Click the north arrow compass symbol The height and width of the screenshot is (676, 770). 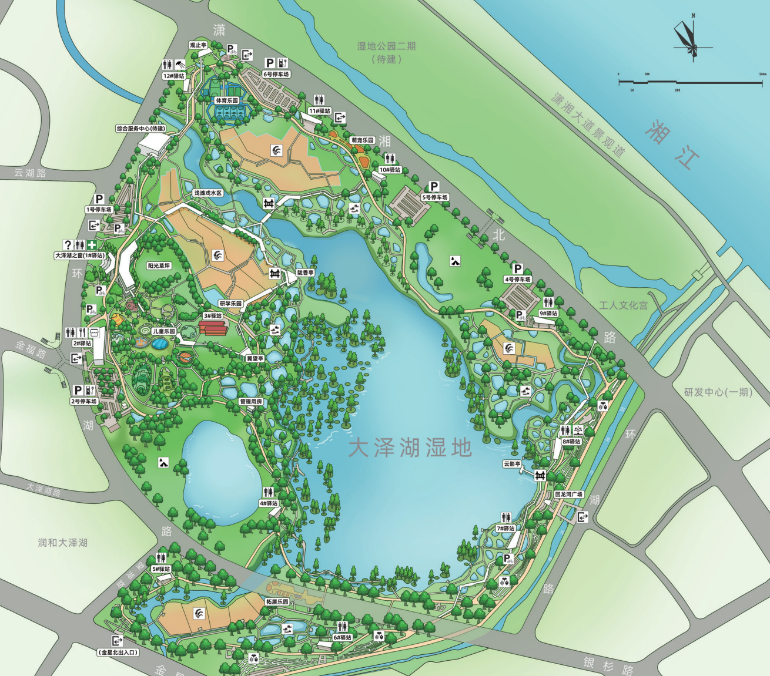coord(687,38)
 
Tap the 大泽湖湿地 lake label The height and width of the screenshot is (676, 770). coord(410,448)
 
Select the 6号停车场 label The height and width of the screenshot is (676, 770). coord(276,75)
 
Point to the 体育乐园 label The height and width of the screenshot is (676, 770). coord(227,100)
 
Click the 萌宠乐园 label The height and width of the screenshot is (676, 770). coord(362,140)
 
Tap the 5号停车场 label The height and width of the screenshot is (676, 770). coord(434,197)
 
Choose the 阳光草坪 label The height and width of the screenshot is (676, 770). coord(159,266)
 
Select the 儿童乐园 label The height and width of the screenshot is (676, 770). coord(164,331)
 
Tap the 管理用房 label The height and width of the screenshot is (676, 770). coord(250,402)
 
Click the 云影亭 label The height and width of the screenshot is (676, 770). coord(512,464)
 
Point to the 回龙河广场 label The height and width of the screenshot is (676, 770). coord(568,495)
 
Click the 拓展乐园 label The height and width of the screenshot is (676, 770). coord(277,602)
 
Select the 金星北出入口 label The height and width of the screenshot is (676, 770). coord(118,652)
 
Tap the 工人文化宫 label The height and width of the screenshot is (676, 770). coord(623,305)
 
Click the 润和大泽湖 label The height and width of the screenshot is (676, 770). coord(63,543)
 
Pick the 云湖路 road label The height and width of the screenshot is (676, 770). coord(30,173)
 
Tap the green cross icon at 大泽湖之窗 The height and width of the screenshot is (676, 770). coord(92,245)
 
